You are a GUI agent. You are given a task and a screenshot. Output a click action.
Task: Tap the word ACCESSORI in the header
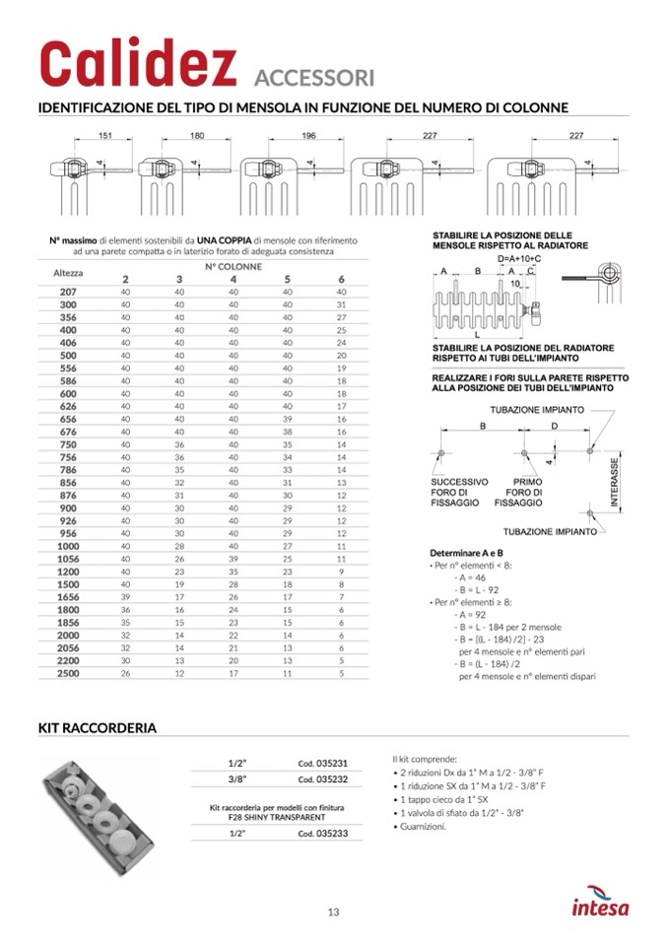point(313,78)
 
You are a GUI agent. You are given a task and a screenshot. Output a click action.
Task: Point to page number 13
point(334,911)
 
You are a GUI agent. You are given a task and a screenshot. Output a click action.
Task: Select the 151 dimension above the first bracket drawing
point(104,134)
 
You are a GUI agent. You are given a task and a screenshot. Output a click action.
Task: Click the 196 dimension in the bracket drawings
point(309,134)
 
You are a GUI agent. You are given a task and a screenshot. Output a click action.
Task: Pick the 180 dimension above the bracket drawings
point(197,134)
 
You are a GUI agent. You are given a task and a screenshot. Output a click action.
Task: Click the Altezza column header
point(67,271)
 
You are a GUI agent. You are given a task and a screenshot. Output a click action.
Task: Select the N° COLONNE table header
point(234,266)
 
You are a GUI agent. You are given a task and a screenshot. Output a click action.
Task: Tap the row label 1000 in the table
point(68,546)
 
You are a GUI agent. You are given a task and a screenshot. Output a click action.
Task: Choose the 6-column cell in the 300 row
point(342,305)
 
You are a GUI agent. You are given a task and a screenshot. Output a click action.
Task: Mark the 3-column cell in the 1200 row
point(179,572)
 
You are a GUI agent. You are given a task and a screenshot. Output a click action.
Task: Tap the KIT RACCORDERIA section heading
point(97,728)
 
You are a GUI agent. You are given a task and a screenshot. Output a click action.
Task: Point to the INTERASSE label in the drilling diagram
point(614,483)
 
